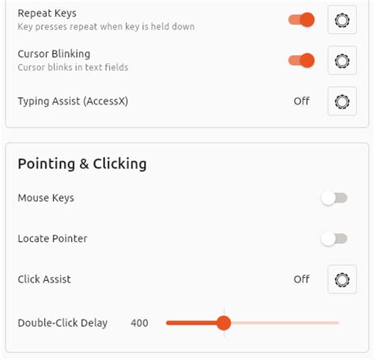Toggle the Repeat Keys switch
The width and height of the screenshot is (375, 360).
pos(301,20)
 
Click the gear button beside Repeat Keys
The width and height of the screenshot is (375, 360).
pos(342,20)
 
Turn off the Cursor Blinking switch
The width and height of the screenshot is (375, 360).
pos(301,61)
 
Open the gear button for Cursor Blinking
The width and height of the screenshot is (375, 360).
pos(342,61)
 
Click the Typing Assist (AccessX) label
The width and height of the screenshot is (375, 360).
pos(73,101)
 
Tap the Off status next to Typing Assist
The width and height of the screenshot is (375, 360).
pos(301,101)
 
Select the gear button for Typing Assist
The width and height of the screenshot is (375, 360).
pos(342,101)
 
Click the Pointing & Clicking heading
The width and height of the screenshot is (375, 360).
pos(82,164)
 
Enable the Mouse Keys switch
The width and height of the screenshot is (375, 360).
pos(334,198)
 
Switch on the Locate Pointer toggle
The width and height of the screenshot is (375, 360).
pos(334,239)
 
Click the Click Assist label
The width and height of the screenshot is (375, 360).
pos(44,279)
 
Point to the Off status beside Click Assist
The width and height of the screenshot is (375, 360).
pos(301,279)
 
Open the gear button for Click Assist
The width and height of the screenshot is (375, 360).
pos(342,279)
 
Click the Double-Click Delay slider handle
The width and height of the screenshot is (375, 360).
pos(224,323)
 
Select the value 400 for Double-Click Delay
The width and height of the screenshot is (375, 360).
pos(139,323)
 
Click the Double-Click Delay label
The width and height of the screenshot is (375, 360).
pos(62,323)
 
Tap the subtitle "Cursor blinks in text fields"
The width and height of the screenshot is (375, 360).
pos(73,67)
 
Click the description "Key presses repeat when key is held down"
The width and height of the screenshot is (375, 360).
pos(106,27)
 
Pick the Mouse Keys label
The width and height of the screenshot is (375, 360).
pos(46,198)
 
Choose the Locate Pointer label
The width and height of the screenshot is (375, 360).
pos(52,239)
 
